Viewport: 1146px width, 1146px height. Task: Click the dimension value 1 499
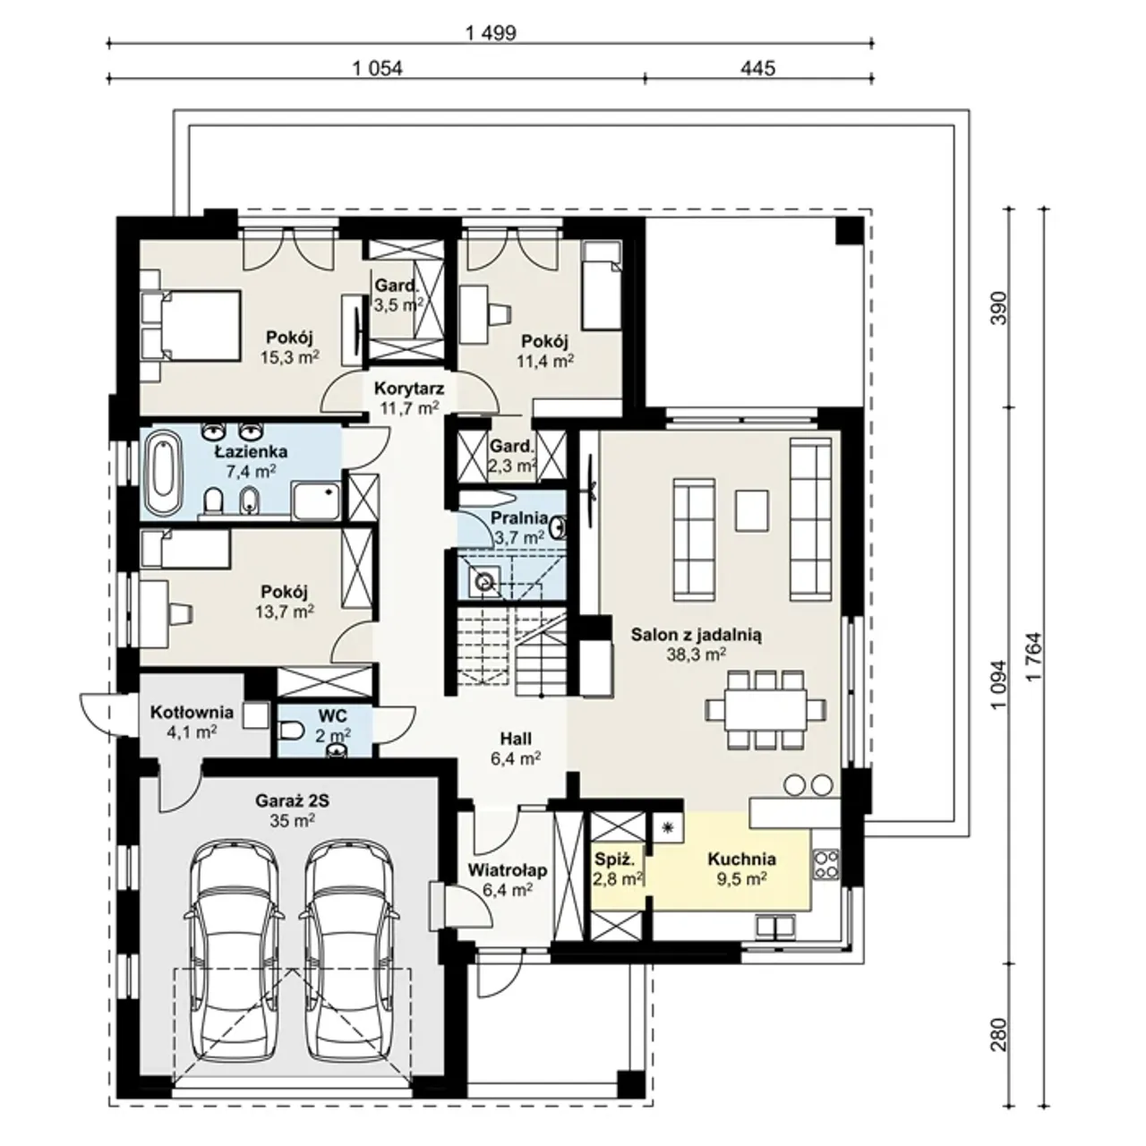tap(491, 33)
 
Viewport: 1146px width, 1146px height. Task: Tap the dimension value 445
tap(757, 68)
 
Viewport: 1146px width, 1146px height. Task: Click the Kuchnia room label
tap(741, 859)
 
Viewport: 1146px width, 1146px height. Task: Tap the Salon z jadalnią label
tap(697, 635)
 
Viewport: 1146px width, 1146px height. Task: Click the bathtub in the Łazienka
tap(162, 474)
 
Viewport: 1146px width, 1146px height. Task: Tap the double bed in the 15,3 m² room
tap(191, 325)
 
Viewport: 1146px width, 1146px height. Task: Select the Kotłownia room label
tap(192, 712)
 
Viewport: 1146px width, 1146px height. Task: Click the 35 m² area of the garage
tap(292, 821)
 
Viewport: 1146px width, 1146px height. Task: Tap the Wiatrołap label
tap(507, 870)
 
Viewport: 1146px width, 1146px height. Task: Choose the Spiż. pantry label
tap(615, 859)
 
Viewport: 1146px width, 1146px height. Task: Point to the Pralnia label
tap(519, 517)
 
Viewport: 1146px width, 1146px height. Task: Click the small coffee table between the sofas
tap(752, 509)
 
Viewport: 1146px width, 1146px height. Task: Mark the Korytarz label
tap(408, 389)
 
